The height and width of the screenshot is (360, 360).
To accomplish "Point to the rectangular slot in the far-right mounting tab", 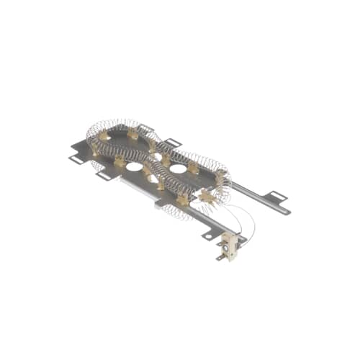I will click(278, 195).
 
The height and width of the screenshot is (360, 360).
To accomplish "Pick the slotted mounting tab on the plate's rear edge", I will click(172, 142).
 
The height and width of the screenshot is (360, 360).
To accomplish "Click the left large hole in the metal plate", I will click(135, 166).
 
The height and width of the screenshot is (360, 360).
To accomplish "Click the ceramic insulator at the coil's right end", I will click(220, 175).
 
